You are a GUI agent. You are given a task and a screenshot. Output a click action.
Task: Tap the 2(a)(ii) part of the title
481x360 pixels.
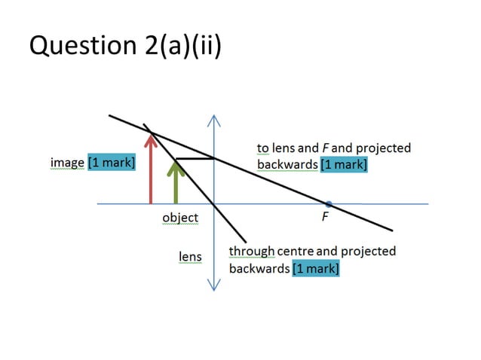(x=178, y=46)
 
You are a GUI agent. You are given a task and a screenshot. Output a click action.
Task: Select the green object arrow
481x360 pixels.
(x=176, y=185)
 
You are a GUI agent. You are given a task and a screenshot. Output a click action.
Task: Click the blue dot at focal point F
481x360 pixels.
(x=329, y=203)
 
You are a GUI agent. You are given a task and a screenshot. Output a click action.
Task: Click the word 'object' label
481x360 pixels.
(x=180, y=218)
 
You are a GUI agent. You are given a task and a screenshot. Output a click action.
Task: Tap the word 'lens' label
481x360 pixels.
(x=189, y=256)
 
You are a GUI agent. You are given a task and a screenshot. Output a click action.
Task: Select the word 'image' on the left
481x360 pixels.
(x=67, y=163)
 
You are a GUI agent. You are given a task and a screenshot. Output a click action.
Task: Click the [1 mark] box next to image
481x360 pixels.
(x=112, y=163)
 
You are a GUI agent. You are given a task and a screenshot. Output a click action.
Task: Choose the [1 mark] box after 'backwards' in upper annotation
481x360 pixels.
(x=343, y=164)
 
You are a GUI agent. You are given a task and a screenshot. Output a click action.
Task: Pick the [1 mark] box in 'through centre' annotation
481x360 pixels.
(x=315, y=268)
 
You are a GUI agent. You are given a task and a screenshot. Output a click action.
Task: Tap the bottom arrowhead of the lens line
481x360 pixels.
(x=214, y=287)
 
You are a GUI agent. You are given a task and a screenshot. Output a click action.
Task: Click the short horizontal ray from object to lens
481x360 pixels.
(x=195, y=159)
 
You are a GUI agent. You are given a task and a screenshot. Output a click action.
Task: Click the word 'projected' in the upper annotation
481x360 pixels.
(x=384, y=148)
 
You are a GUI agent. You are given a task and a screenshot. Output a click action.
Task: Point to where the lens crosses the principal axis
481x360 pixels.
(x=214, y=203)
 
